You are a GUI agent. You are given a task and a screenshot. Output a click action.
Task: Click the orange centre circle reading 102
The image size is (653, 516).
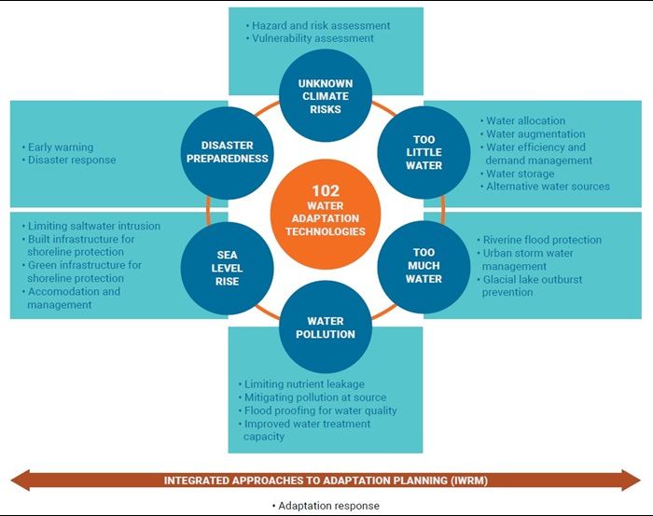pos(326,214)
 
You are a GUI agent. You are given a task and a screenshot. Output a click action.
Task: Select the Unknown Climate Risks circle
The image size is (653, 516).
pos(326,95)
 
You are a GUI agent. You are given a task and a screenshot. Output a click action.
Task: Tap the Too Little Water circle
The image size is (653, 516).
pos(424,152)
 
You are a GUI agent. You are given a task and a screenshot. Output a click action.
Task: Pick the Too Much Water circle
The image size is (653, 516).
pos(424,267)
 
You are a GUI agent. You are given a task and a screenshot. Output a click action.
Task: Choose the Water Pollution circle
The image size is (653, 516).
pos(326,327)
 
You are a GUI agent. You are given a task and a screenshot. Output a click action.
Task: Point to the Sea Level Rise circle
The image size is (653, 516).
pos(227,268)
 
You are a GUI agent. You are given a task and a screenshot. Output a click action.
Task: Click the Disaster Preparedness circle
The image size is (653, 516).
pos(227,152)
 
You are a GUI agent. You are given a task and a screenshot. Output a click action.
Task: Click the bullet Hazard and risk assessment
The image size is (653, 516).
pos(318,25)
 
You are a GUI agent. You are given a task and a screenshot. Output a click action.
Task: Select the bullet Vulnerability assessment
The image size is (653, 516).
pos(310,38)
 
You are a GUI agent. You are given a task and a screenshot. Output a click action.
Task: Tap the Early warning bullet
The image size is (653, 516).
pos(58,147)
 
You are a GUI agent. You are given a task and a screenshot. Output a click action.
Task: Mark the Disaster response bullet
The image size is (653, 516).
pos(69,160)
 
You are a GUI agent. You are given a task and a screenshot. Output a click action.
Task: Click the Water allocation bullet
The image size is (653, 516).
pos(522,120)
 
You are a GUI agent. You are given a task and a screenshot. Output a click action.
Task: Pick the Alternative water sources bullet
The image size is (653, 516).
pos(545,187)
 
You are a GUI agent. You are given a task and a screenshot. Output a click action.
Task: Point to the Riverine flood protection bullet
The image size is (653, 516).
pos(539,240)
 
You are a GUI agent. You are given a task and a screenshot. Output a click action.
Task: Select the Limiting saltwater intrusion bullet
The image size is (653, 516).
pos(90,226)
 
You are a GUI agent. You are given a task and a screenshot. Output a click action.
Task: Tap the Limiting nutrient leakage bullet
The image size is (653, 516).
pos(301,384)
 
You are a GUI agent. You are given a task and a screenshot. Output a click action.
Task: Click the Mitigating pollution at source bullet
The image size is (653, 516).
pos(313,397)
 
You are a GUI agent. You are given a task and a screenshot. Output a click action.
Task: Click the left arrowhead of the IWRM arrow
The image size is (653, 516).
pos(20,480)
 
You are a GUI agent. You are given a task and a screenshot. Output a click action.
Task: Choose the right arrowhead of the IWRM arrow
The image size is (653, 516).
pos(632,480)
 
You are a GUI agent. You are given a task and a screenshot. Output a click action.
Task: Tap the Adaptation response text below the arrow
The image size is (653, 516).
pos(326,506)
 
